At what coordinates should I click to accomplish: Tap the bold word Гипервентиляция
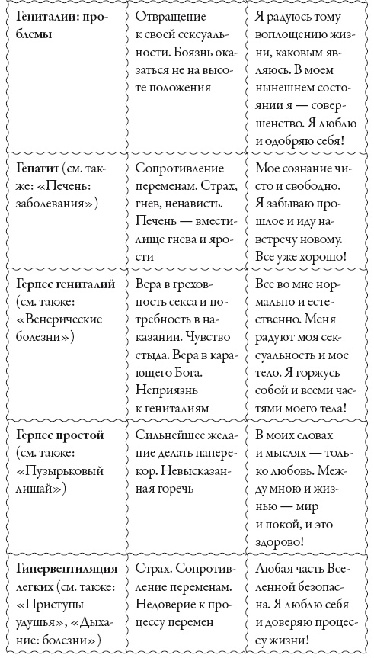63,568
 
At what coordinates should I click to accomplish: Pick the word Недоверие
167,605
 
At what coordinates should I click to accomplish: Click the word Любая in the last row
276,568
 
